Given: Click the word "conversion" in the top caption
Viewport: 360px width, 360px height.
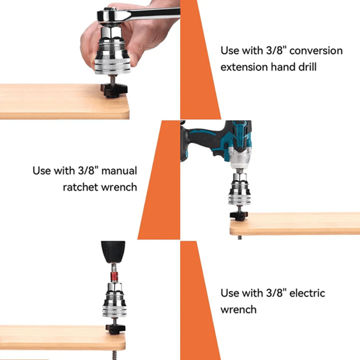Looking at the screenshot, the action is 316,51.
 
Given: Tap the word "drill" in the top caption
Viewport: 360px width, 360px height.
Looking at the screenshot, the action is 307,67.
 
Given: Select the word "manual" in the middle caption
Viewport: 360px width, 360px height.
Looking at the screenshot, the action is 119,171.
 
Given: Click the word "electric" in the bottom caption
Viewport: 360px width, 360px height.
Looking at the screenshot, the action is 307,293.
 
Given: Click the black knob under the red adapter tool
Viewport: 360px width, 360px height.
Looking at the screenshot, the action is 115,329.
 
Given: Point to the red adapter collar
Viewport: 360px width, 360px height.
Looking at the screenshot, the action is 114,276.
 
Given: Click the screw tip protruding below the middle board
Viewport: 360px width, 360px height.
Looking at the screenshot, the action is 240,238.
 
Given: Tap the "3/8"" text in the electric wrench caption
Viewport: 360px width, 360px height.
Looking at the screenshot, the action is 276,293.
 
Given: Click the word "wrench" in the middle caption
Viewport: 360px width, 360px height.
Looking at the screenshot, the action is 119,188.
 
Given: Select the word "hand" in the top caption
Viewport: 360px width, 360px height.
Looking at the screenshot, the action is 283,67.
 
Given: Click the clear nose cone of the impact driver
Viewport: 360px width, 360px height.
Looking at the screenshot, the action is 239,160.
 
